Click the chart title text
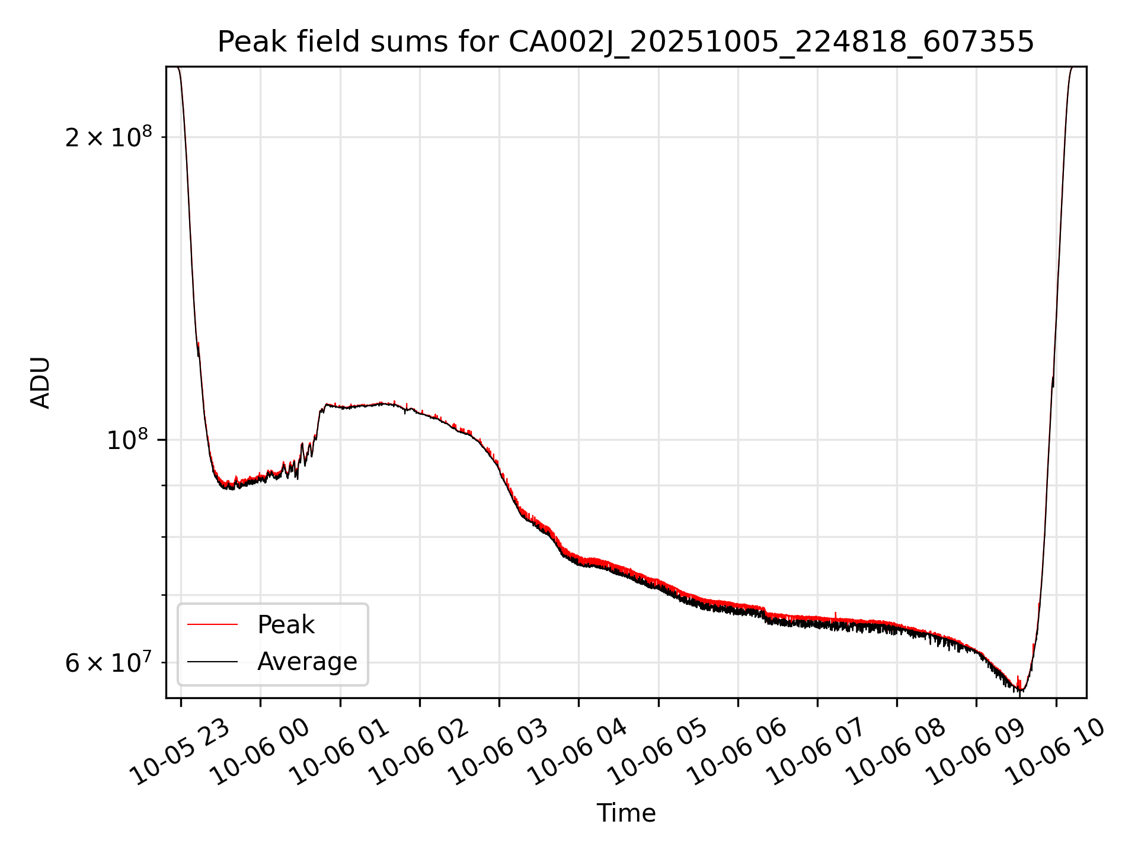[625, 42]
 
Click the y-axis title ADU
[40, 383]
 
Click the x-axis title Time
[626, 813]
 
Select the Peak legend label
[286, 625]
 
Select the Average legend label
[307, 662]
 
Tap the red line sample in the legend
[212, 625]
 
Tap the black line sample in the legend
[212, 662]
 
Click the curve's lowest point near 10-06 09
[1021, 691]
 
